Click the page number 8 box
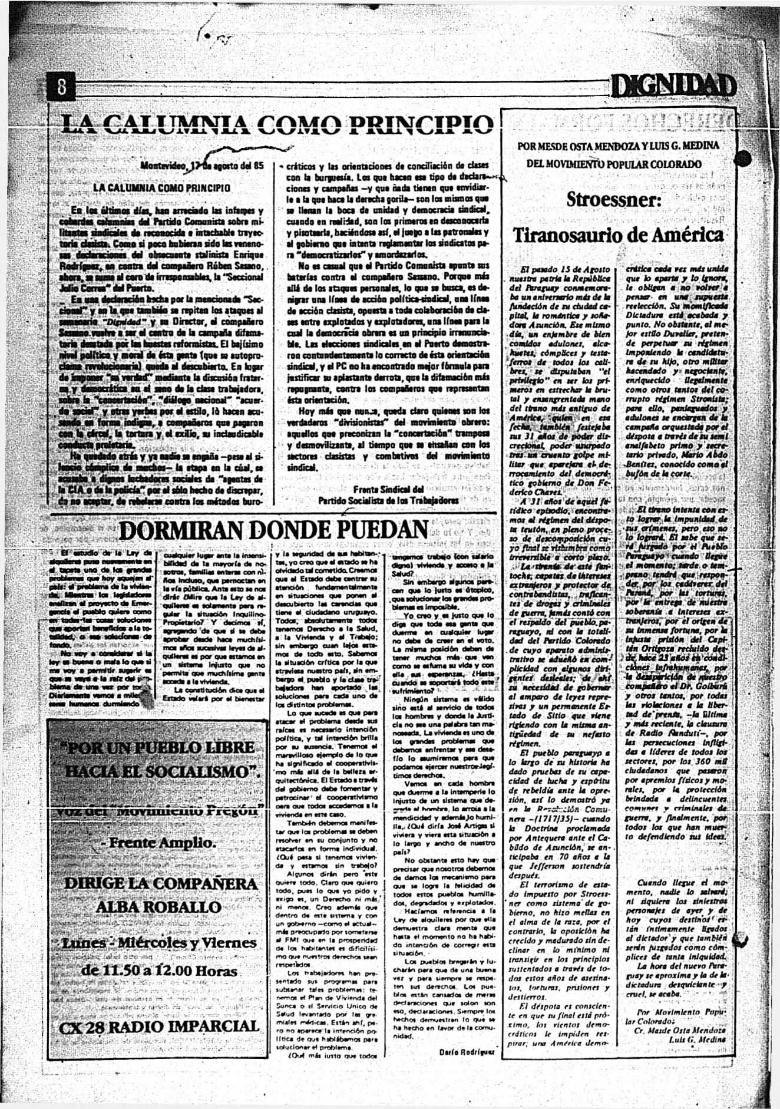click(x=61, y=89)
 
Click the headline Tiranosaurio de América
click(x=618, y=235)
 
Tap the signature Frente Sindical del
click(x=388, y=489)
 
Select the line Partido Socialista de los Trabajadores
click(x=388, y=500)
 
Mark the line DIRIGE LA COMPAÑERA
click(x=160, y=883)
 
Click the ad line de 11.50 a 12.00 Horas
click(x=160, y=970)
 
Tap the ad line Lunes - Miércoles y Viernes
click(x=160, y=942)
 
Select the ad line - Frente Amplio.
click(x=157, y=842)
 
